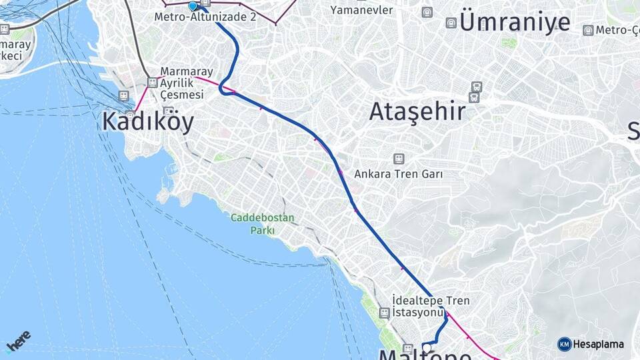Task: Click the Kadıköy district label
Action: pyautogui.click(x=148, y=122)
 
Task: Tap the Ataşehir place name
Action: pyautogui.click(x=417, y=111)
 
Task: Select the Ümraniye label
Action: pyautogui.click(x=515, y=22)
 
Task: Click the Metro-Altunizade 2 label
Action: pyautogui.click(x=205, y=16)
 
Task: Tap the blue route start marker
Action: pyautogui.click(x=193, y=6)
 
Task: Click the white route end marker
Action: pyautogui.click(x=427, y=347)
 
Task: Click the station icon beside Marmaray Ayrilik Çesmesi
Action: pyautogui.click(x=153, y=83)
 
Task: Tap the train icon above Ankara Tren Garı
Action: pyautogui.click(x=399, y=159)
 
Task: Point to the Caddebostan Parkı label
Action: pyautogui.click(x=263, y=223)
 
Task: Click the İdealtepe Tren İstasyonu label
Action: pyautogui.click(x=417, y=306)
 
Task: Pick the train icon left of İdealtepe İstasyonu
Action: pyautogui.click(x=384, y=312)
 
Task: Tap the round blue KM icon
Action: pyautogui.click(x=565, y=344)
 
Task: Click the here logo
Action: pyautogui.click(x=18, y=341)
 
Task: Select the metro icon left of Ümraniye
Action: pyautogui.click(x=451, y=23)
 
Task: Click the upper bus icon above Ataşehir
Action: pyautogui.click(x=476, y=87)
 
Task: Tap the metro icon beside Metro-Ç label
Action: pyautogui.click(x=588, y=30)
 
